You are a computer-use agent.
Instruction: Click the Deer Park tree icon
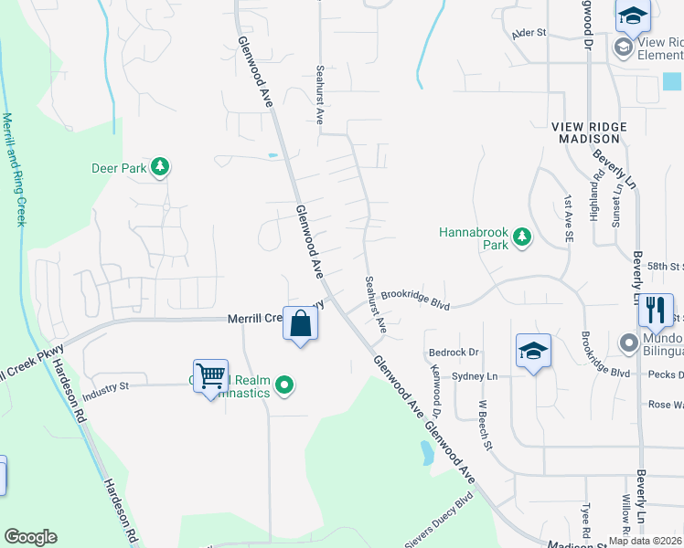[x=161, y=167]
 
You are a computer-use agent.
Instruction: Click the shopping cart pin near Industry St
[x=211, y=375]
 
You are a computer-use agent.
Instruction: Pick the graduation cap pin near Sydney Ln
[x=534, y=351]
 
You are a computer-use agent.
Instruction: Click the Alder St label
[x=529, y=33]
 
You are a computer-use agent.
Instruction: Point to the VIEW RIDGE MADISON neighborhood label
[x=590, y=132]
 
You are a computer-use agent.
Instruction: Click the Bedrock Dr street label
[x=453, y=352]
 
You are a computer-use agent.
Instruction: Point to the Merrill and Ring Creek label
[x=16, y=169]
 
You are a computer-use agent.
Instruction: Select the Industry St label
[x=106, y=393]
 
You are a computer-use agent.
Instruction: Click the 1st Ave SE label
[x=569, y=222]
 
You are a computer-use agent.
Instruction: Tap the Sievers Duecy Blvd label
[x=440, y=519]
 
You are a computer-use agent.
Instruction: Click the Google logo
[x=30, y=537]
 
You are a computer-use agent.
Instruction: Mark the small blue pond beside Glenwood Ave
[x=426, y=453]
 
